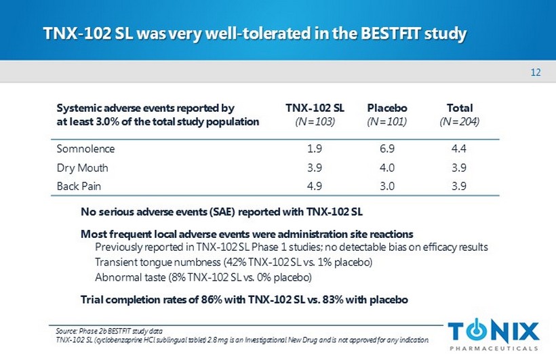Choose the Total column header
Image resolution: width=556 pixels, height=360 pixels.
[459, 108]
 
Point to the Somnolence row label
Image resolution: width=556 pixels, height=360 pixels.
[85, 148]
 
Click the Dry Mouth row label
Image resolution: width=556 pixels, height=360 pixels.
[82, 167]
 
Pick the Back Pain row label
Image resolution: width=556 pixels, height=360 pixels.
[81, 186]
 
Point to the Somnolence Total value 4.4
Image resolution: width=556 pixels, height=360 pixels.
[459, 148]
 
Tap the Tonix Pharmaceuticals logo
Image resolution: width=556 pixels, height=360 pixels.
[494, 335]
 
